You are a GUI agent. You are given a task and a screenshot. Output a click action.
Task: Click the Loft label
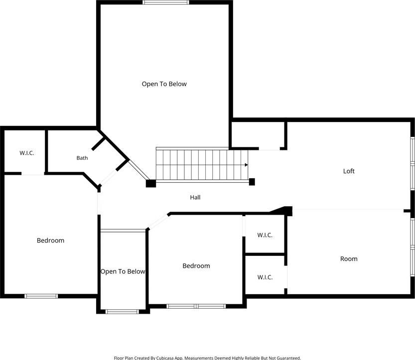pyautogui.click(x=349, y=171)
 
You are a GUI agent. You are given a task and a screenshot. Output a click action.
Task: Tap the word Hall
pyautogui.click(x=195, y=197)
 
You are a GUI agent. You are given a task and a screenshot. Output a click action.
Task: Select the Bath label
pyautogui.click(x=82, y=158)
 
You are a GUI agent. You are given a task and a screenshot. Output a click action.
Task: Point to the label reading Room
pyautogui.click(x=349, y=259)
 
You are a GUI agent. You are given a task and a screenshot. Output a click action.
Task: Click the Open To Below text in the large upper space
pyautogui.click(x=164, y=84)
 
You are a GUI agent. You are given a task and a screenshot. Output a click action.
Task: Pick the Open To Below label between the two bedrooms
pyautogui.click(x=123, y=271)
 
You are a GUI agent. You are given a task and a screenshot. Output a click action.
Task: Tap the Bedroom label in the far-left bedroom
pyautogui.click(x=50, y=240)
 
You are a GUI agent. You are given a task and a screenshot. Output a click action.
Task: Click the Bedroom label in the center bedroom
pyautogui.click(x=196, y=266)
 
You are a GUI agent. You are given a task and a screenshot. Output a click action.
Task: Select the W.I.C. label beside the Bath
pyautogui.click(x=27, y=153)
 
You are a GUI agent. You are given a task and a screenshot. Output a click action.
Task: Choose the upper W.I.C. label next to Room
pyautogui.click(x=265, y=235)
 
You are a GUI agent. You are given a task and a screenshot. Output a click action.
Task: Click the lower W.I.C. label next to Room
pyautogui.click(x=265, y=277)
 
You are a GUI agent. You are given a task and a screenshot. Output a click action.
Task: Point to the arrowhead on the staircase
pyautogui.click(x=246, y=165)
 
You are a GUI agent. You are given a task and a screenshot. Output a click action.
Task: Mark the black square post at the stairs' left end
pyautogui.click(x=151, y=183)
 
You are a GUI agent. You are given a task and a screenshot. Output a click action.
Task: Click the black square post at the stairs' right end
pyautogui.click(x=252, y=182)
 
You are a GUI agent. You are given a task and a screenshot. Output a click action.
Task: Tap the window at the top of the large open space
pyautogui.click(x=166, y=2)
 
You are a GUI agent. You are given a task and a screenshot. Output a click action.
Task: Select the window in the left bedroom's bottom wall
pyautogui.click(x=41, y=296)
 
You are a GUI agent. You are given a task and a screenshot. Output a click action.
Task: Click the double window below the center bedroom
pyautogui.click(x=196, y=306)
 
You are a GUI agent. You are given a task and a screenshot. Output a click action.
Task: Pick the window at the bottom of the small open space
pyautogui.click(x=122, y=312)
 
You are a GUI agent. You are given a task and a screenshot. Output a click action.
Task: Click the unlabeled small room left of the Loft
pyautogui.click(x=258, y=135)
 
